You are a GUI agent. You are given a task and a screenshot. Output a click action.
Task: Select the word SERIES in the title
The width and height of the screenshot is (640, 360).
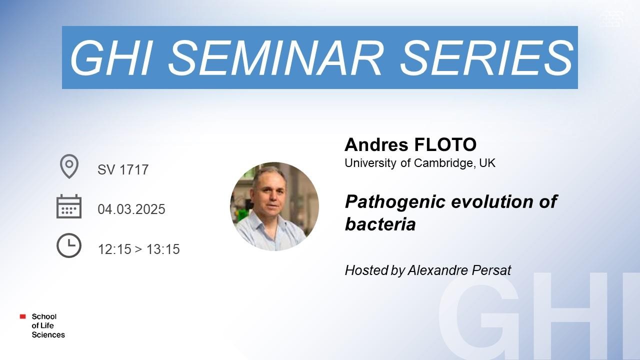[x=487, y=57]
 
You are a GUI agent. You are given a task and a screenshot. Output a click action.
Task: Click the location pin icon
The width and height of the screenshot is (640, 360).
[x=69, y=166]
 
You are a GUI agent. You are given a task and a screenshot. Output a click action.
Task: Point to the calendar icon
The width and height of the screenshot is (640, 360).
[x=69, y=206]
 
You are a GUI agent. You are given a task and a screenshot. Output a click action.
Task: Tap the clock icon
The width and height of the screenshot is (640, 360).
[x=69, y=245]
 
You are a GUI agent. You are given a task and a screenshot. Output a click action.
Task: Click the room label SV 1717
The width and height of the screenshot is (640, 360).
[x=123, y=169]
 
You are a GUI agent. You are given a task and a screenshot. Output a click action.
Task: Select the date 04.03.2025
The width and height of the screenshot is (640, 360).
[x=131, y=209]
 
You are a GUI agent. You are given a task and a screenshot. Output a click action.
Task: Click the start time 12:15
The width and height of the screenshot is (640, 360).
[x=114, y=249]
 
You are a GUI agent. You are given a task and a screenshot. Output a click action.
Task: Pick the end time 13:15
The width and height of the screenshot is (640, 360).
[x=163, y=249]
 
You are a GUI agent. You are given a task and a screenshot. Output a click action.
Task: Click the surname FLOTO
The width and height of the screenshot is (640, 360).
[x=445, y=144]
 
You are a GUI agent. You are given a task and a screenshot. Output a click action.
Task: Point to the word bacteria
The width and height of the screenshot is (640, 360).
[x=380, y=224]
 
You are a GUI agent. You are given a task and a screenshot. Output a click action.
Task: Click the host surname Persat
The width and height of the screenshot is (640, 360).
[x=491, y=270]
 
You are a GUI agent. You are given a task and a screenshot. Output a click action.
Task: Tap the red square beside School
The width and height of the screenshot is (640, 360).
[x=23, y=316]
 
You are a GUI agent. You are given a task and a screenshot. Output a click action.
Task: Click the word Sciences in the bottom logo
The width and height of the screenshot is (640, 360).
[x=48, y=335]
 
